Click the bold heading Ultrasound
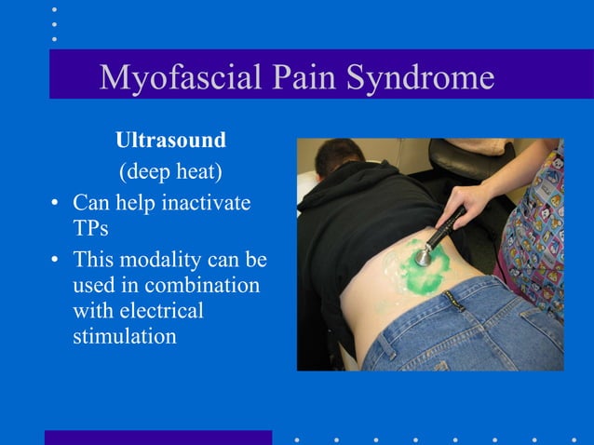point(170,142)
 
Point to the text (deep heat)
point(170,172)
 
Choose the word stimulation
point(125,336)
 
